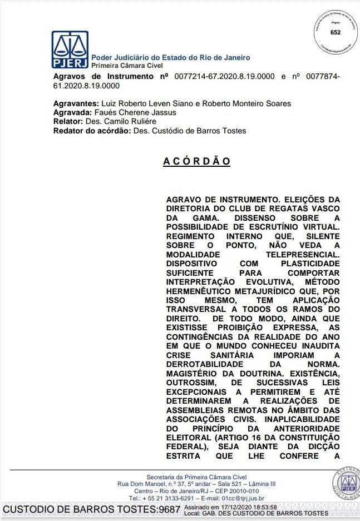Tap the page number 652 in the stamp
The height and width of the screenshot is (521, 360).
pos(336,32)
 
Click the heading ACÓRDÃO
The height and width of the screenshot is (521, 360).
pos(196,161)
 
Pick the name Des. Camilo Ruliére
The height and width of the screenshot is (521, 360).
pos(121,121)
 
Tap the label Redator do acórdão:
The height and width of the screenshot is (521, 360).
pos(92,131)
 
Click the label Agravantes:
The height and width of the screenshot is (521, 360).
pos(76,103)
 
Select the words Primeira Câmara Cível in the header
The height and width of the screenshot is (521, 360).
pos(123,65)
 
